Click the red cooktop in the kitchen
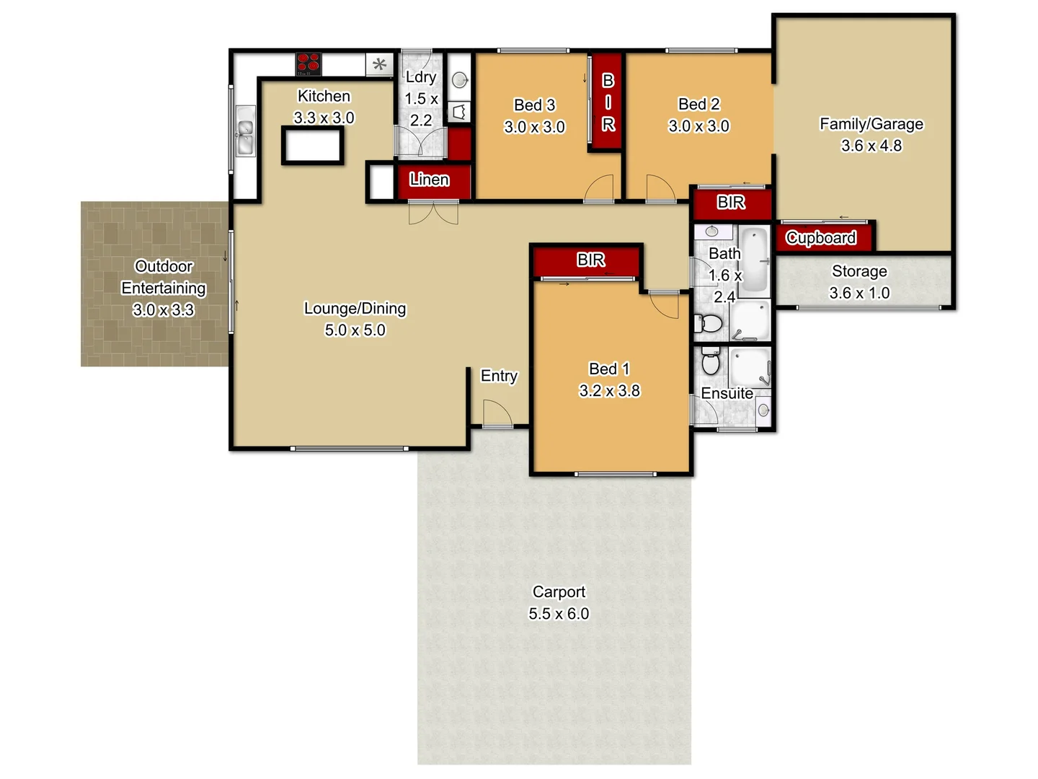[309, 63]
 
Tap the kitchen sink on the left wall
[245, 131]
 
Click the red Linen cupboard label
[430, 180]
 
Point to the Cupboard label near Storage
[821, 237]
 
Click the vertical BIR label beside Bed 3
[608, 102]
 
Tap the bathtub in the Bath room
[754, 260]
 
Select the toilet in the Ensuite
[711, 363]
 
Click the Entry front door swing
[497, 414]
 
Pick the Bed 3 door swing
[599, 189]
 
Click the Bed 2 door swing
[659, 189]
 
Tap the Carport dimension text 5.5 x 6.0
[559, 614]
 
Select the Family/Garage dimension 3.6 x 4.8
[871, 146]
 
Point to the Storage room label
[859, 271]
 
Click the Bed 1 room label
[609, 369]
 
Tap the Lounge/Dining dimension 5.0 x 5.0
[355, 330]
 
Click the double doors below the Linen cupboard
[433, 213]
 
